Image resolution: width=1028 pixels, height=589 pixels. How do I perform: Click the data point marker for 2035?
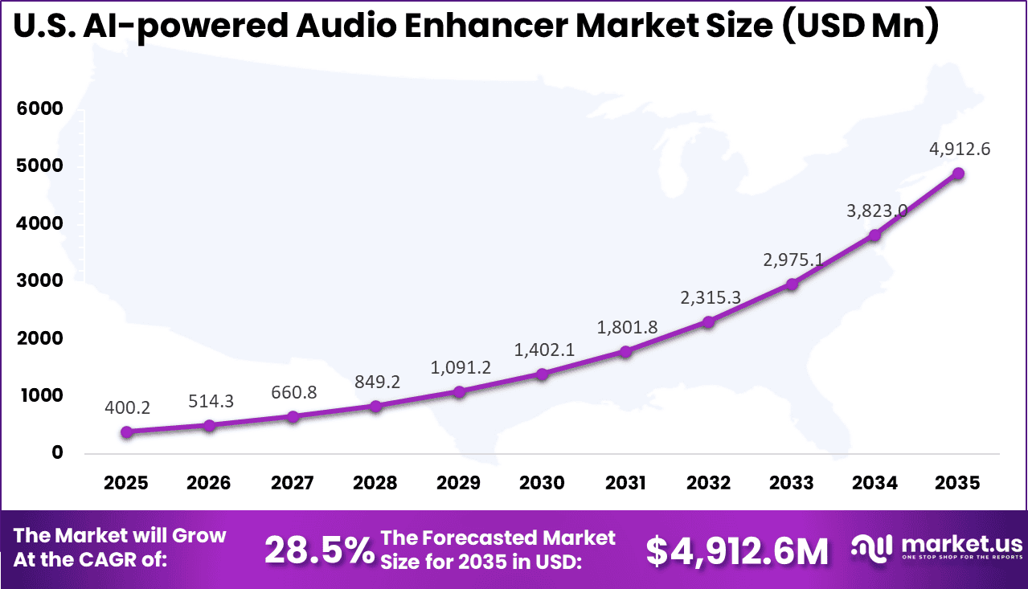[x=958, y=174]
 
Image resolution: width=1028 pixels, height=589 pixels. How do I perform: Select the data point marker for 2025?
[x=127, y=432]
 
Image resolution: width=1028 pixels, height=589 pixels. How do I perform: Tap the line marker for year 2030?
[x=543, y=374]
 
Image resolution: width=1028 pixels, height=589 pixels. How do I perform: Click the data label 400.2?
[x=127, y=408]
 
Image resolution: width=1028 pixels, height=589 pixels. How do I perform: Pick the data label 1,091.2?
[x=459, y=367]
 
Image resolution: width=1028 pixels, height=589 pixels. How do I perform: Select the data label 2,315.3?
[x=709, y=297]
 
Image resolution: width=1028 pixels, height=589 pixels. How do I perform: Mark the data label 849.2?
[x=376, y=382]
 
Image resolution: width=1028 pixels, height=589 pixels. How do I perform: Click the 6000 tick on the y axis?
[x=39, y=108]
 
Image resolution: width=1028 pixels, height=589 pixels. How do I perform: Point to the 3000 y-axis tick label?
[x=39, y=280]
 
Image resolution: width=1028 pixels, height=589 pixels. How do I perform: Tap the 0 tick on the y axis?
[x=56, y=452]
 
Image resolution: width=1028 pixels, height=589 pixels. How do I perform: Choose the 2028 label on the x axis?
[x=376, y=483]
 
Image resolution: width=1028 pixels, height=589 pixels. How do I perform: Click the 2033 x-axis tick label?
[x=792, y=483]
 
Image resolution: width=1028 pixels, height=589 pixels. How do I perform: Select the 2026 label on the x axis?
[x=210, y=483]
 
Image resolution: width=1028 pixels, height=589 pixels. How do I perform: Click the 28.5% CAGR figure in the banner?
[x=319, y=550]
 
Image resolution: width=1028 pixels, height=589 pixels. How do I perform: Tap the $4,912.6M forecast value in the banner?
[x=737, y=550]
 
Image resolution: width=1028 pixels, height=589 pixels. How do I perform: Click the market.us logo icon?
[x=872, y=546]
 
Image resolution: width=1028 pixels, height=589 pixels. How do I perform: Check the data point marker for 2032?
[x=709, y=321]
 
